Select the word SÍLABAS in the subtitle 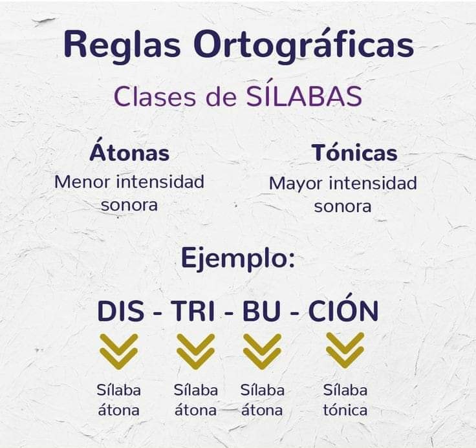pos(304,96)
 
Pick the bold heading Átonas pos(129,153)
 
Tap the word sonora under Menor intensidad pos(129,205)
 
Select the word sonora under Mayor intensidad pos(343,206)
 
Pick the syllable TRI pos(194,311)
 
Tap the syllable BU pos(262,311)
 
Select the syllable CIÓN pos(343,311)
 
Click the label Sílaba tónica pos(345,400)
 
